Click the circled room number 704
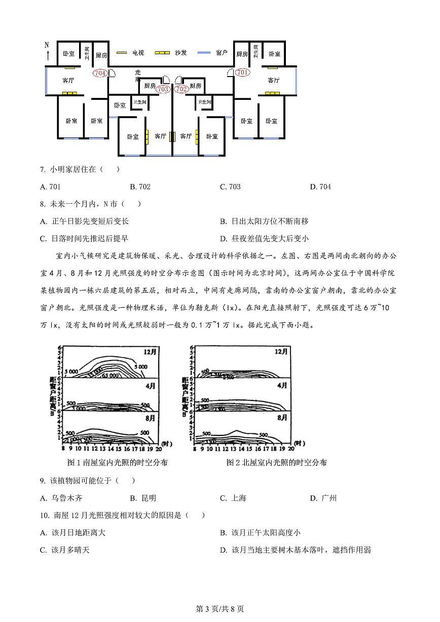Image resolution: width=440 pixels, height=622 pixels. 100,72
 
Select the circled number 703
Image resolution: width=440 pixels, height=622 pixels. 163,89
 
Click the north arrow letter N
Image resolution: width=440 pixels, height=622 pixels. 47,45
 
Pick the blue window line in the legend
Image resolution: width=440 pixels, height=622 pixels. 204,53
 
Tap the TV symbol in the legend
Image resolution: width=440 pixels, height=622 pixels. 122,53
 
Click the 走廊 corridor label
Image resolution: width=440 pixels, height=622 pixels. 137,76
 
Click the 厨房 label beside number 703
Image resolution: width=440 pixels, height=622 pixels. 150,86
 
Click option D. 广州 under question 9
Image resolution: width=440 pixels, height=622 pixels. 323,498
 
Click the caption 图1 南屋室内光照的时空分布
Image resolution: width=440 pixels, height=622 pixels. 117,462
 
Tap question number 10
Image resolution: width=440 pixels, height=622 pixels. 44,516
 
